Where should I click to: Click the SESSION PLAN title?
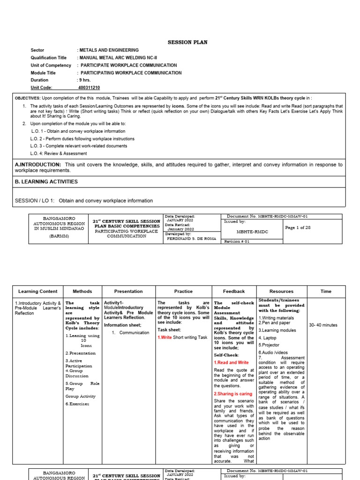(x=187, y=42)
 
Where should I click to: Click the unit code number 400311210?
(x=89, y=88)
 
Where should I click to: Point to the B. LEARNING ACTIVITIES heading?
(x=46, y=181)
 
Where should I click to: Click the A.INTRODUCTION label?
(x=38, y=165)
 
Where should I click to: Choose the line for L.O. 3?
(x=79, y=146)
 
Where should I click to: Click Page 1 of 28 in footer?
(x=298, y=227)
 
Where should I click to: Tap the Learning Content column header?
(x=38, y=292)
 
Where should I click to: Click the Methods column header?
(x=82, y=292)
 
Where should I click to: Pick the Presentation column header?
(x=128, y=292)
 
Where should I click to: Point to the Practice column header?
(x=183, y=292)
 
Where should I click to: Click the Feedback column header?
(x=234, y=292)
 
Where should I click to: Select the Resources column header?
(x=281, y=292)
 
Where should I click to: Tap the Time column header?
(x=326, y=292)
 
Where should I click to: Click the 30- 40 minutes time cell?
(x=323, y=325)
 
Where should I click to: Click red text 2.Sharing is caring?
(x=233, y=394)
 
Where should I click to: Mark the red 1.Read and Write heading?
(x=232, y=362)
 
